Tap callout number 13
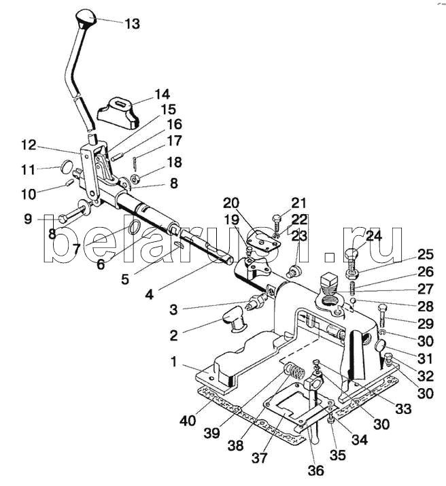133,24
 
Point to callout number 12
29,145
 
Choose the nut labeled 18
135,179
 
